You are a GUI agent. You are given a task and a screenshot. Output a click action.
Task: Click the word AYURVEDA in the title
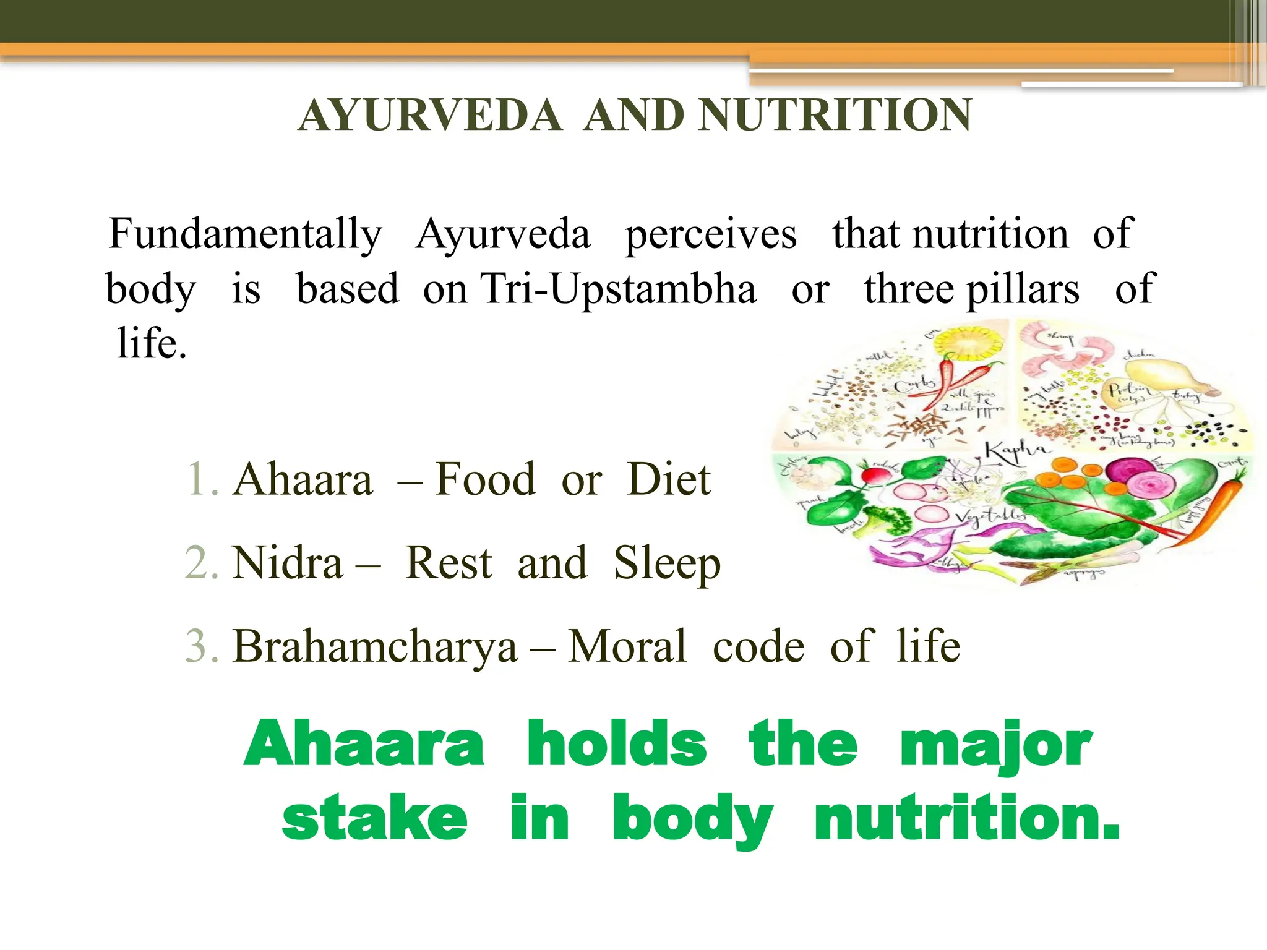[x=430, y=116]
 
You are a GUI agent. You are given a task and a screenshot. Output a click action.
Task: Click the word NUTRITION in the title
[x=835, y=116]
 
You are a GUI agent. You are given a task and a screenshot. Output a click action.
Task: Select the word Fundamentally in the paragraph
[x=245, y=234]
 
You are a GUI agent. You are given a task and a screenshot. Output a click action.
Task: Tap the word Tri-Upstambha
[x=618, y=289]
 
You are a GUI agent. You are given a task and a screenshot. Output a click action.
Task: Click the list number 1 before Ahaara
[x=202, y=479]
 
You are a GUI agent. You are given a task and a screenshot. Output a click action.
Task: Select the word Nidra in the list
[x=287, y=563]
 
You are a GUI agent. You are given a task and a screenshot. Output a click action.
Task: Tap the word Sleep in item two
[x=667, y=563]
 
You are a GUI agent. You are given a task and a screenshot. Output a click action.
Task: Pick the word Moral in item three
[x=627, y=646]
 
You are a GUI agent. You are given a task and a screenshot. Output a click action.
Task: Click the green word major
[x=995, y=745]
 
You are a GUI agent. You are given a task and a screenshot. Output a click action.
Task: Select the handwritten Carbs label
[x=914, y=385]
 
